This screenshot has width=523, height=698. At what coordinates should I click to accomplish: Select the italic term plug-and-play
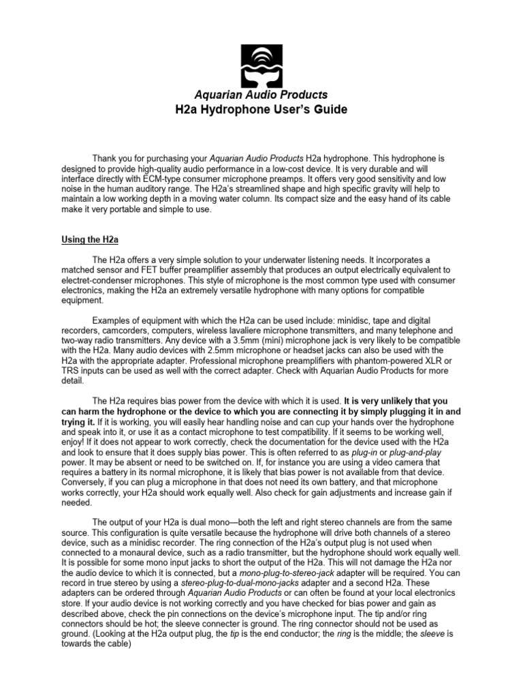point(396,452)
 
